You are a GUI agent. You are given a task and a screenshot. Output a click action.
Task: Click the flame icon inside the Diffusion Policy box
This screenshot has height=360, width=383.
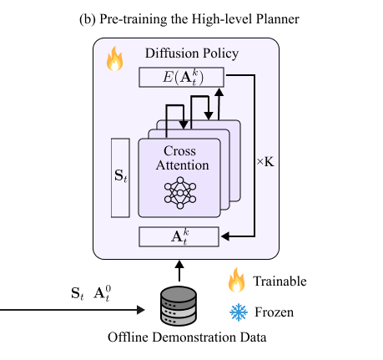[x=114, y=61]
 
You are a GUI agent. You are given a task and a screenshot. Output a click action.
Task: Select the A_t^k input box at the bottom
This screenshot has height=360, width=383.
[x=179, y=236]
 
